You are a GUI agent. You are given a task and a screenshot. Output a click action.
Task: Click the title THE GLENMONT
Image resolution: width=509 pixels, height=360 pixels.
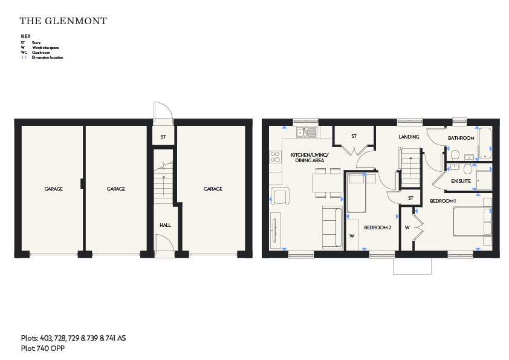(x=63, y=21)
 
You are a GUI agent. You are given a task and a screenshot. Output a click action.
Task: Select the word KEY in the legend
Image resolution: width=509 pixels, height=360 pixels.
(x=25, y=36)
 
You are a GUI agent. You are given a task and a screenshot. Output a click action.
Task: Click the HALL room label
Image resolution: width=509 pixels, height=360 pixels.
(x=165, y=225)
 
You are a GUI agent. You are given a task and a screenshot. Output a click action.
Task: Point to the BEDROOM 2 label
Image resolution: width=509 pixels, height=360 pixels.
(x=378, y=227)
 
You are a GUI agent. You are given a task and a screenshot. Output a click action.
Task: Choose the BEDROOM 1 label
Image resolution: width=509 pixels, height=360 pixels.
(x=443, y=201)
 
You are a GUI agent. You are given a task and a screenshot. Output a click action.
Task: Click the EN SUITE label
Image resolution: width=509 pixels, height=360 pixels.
(x=461, y=181)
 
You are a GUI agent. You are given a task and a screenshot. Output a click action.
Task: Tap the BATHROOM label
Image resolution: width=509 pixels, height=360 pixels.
(x=461, y=138)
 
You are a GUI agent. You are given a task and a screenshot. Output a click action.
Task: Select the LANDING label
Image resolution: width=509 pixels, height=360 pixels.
(x=409, y=137)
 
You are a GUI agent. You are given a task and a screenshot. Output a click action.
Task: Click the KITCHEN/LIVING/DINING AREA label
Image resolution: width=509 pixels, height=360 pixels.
(x=310, y=157)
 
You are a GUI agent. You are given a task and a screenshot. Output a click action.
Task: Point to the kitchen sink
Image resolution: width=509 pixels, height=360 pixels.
(x=306, y=133)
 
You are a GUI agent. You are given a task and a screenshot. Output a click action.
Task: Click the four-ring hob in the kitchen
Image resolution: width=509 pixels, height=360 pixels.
(x=275, y=157)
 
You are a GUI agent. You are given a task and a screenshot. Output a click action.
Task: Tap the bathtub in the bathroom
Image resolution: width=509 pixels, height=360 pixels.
(x=485, y=143)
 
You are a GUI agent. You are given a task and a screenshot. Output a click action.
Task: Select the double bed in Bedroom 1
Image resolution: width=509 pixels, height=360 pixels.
(x=472, y=221)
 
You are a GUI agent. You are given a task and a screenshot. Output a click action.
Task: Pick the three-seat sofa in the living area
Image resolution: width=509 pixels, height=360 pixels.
(x=332, y=227)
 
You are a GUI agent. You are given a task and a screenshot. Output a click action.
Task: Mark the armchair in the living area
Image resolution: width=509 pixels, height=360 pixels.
(x=279, y=195)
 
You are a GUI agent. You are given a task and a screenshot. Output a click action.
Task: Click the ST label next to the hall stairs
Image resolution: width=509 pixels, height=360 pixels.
(x=163, y=137)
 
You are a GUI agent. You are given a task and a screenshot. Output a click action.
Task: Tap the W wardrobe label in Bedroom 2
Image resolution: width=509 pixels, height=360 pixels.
(x=352, y=236)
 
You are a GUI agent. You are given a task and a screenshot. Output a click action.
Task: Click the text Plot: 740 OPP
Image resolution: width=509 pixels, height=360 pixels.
(x=43, y=349)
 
